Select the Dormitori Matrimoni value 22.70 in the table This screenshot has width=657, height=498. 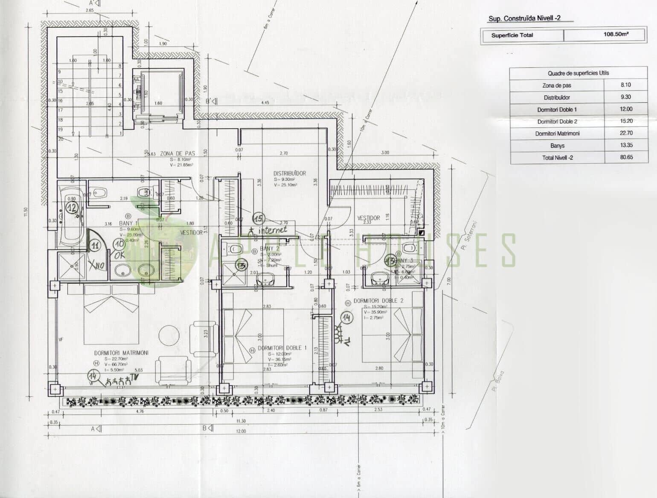(626, 133)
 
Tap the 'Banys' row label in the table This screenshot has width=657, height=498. (557, 145)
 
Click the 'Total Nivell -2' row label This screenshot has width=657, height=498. (557, 157)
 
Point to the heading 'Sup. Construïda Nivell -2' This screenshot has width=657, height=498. (524, 18)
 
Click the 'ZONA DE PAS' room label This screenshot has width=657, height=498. (177, 153)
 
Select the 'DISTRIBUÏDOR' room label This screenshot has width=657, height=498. (290, 174)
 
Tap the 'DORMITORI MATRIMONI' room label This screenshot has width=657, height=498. (121, 353)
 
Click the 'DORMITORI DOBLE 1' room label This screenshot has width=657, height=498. (282, 348)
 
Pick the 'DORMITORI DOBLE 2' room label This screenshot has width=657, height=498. (378, 301)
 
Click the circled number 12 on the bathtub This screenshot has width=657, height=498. (72, 208)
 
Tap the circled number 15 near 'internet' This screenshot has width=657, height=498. (259, 218)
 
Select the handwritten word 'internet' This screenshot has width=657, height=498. (273, 230)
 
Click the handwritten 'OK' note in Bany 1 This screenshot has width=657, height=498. (120, 255)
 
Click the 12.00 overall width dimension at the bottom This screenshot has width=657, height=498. (241, 431)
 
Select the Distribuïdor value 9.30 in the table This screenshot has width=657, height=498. (626, 97)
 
